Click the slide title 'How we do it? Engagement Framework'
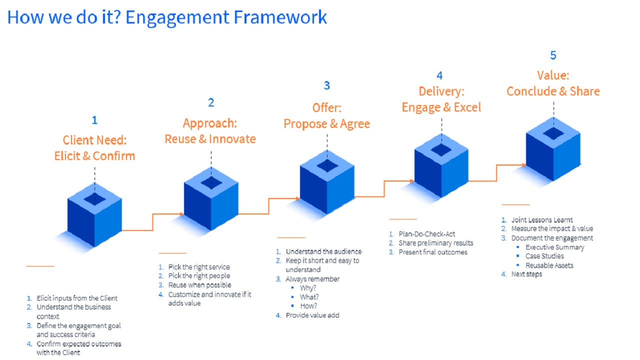167,17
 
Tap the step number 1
94,120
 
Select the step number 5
553,55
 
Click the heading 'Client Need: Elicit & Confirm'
94,148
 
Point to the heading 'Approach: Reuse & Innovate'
210,131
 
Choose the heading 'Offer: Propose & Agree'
326,115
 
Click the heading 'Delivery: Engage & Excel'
441,99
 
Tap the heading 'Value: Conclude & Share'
553,83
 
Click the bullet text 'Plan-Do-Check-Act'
427,234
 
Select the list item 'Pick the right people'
199,276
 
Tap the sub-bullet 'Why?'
308,288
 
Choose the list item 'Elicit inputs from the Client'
77,298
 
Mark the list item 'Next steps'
526,274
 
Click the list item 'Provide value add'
312,315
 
